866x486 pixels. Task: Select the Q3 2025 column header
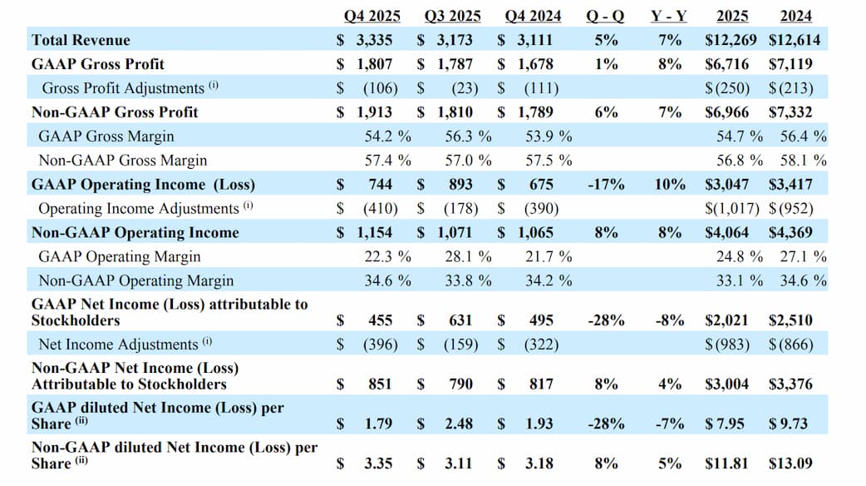pos(452,16)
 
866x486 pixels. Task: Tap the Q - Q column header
pos(606,16)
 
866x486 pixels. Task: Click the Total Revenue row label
pos(81,40)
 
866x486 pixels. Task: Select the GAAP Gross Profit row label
pos(97,64)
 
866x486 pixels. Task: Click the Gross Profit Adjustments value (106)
pos(381,88)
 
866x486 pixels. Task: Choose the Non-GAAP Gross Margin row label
pos(123,161)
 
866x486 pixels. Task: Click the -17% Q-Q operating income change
pos(606,185)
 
